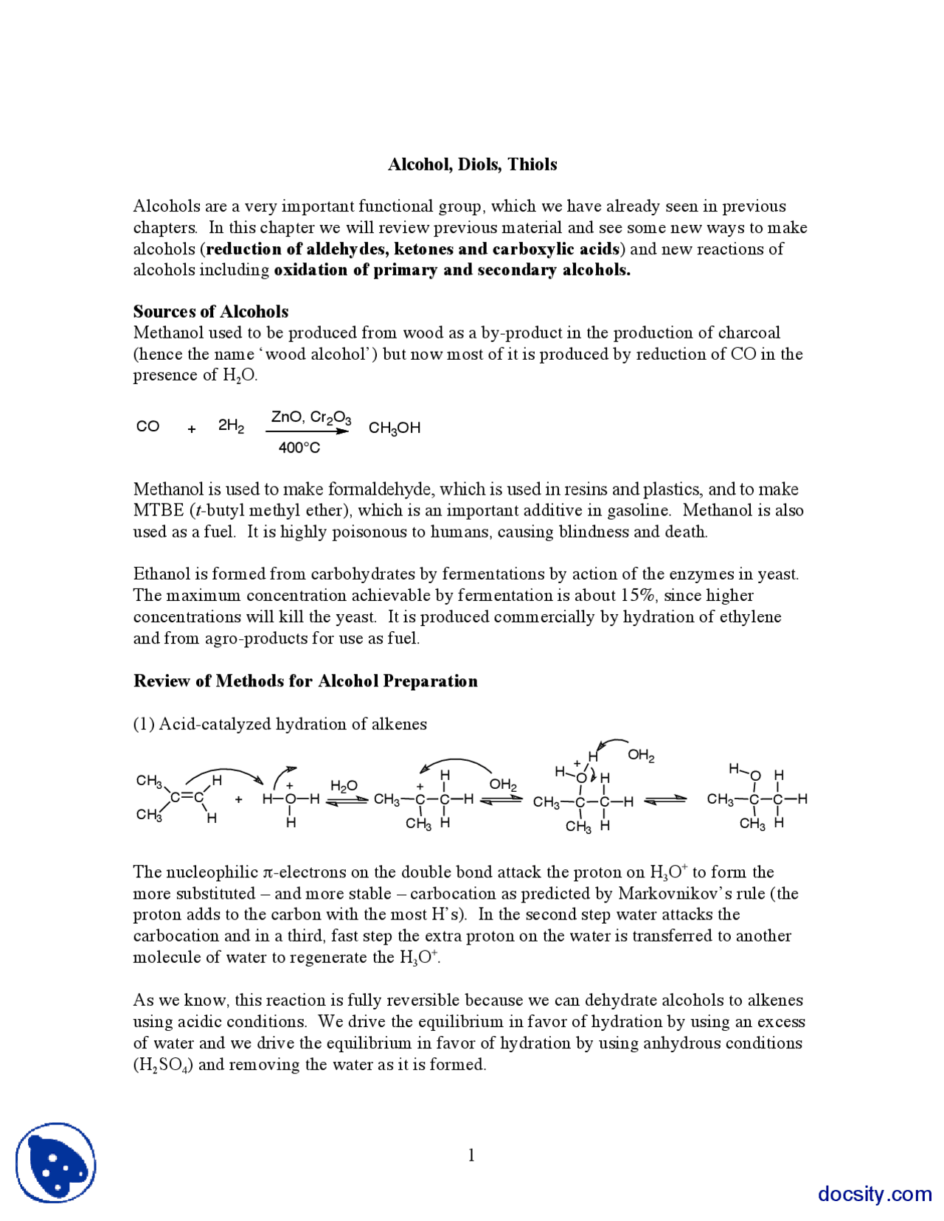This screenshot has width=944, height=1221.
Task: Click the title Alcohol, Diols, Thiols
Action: tap(472, 164)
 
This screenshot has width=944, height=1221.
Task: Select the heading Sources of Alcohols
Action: tap(210, 311)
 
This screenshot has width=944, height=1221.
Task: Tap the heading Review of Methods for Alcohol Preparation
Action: tap(305, 681)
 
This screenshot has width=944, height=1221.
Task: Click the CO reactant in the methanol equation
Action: tap(147, 427)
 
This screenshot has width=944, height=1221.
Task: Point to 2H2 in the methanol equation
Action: tap(231, 426)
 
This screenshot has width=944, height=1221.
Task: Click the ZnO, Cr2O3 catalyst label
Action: tap(310, 418)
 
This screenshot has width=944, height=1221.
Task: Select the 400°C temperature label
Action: tap(299, 448)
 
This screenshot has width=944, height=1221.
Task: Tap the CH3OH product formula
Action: tap(394, 428)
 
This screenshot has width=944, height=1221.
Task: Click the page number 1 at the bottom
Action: tap(471, 1155)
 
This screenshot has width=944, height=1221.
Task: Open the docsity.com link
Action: tap(874, 1194)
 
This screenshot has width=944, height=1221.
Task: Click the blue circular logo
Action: tap(56, 1163)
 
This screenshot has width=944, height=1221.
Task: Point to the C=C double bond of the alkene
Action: tap(187, 797)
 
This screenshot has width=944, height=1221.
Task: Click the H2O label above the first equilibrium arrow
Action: tap(344, 786)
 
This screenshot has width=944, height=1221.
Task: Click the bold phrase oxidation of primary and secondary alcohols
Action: tap(452, 270)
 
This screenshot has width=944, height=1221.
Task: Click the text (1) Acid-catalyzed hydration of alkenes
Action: tap(280, 724)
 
